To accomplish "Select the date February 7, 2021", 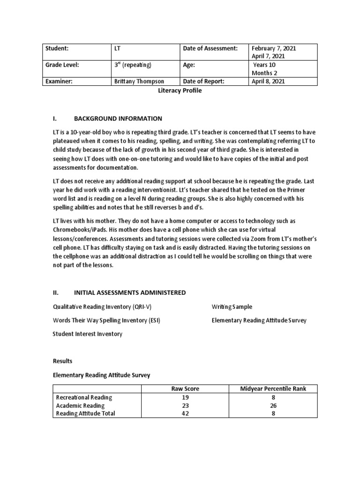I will (x=274, y=48).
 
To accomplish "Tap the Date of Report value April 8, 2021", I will (x=268, y=82).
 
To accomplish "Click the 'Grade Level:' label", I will (x=62, y=65).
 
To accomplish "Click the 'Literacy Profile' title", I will (x=180, y=90).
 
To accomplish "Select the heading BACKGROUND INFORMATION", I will (x=118, y=119).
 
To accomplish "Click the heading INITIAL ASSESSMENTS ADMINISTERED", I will (x=130, y=293).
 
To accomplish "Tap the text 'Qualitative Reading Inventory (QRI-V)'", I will (x=102, y=307).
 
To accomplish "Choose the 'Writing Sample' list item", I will (x=232, y=307).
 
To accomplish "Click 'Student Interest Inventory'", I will (x=87, y=334).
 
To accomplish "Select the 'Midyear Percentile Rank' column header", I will (x=272, y=389).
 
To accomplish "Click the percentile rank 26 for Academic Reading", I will (x=272, y=405).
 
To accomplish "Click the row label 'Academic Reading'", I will (x=80, y=405).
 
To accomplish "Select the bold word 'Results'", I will (x=63, y=361).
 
